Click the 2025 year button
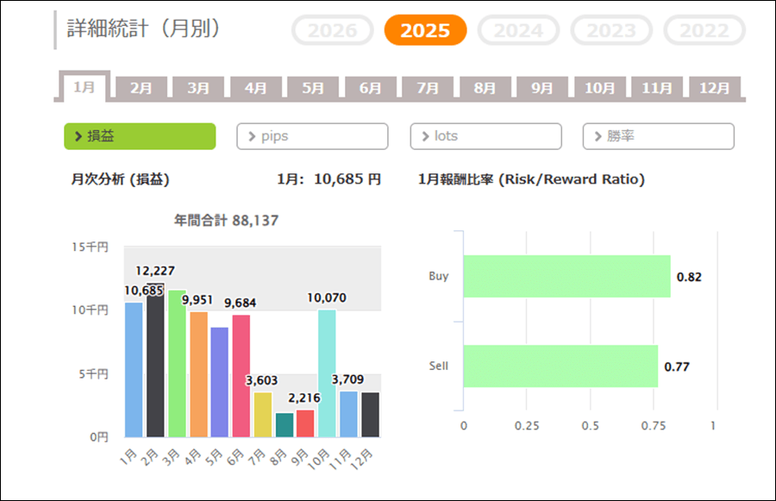point(425,30)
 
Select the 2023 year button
point(611,30)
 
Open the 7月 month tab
point(428,88)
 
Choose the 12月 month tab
point(714,88)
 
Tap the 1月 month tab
point(84,87)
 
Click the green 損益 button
point(140,136)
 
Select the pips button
point(312,136)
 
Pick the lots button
point(485,136)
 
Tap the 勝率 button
point(659,136)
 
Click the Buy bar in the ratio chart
point(566,277)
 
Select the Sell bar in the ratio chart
point(560,366)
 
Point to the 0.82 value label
point(690,277)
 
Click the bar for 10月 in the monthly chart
point(327,373)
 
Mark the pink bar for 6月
point(241,376)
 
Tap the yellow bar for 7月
point(262,415)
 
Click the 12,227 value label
point(155,271)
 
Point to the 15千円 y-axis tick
point(90,247)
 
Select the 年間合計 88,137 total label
point(226,221)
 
